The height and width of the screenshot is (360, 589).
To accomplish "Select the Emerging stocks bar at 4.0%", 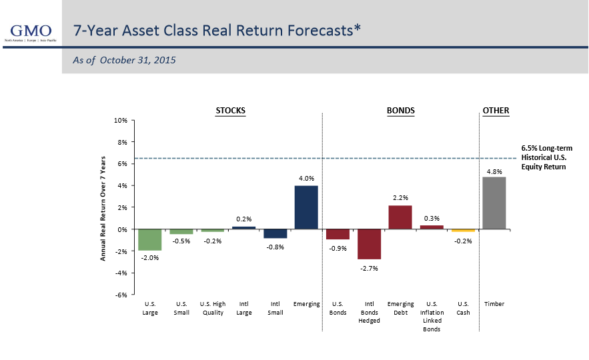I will [x=306, y=207].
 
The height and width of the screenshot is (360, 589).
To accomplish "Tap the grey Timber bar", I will [x=494, y=203].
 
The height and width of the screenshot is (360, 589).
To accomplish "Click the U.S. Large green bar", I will [x=150, y=240].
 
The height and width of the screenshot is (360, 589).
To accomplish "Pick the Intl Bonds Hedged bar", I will [x=369, y=244].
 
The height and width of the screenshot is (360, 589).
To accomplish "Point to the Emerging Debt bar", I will [x=400, y=217].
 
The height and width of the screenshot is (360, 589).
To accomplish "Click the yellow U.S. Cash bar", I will [x=462, y=231].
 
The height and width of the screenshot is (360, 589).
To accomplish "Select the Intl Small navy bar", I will [x=275, y=233].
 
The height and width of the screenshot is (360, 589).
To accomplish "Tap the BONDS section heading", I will [x=400, y=110].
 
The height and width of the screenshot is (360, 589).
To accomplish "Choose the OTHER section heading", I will [x=496, y=110].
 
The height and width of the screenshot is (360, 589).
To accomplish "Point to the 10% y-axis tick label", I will [x=120, y=121].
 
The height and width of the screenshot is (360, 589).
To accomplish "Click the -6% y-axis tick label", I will [x=121, y=295].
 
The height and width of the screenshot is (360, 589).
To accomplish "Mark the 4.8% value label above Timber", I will [x=494, y=171].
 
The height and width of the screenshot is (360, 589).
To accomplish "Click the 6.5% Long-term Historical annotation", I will [x=546, y=157].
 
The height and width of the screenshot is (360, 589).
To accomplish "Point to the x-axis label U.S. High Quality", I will [x=213, y=308].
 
